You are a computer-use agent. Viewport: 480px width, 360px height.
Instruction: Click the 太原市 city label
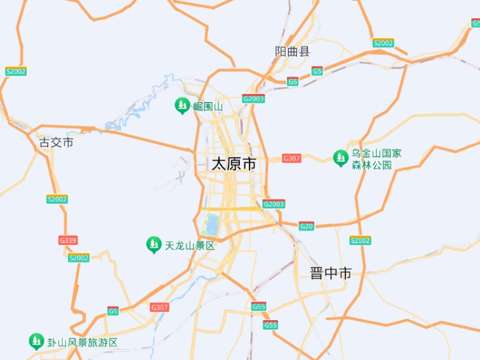(234, 164)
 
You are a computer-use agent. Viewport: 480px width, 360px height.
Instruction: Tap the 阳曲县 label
(292, 51)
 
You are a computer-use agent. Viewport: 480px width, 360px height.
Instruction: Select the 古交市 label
(57, 142)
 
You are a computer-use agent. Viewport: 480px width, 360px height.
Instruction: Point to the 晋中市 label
(331, 274)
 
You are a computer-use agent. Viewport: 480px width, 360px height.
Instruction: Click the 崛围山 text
(208, 106)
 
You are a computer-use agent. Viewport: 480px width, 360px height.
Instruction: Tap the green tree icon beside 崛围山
(182, 105)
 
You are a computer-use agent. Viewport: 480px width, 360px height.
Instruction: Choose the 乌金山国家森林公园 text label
(377, 159)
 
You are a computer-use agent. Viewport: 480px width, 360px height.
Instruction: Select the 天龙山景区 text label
(190, 245)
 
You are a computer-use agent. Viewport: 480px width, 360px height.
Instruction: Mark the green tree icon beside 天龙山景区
(153, 244)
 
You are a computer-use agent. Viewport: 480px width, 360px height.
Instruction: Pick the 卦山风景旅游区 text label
(83, 342)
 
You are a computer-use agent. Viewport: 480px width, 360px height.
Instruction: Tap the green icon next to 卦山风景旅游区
(36, 342)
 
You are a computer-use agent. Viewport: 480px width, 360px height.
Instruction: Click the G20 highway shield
(307, 226)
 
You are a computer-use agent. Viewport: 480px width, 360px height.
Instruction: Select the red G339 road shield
(68, 240)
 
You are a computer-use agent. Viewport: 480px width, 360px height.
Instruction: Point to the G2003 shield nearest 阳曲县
(253, 99)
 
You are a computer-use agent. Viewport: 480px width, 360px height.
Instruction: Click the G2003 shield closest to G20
(274, 204)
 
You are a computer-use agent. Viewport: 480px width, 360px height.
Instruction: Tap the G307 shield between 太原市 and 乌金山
(291, 158)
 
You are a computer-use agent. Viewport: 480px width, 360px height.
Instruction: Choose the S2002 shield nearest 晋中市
(360, 241)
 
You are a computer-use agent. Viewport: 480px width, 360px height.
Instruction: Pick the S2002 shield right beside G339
(79, 258)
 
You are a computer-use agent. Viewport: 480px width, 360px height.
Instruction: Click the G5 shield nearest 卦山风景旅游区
(113, 310)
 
